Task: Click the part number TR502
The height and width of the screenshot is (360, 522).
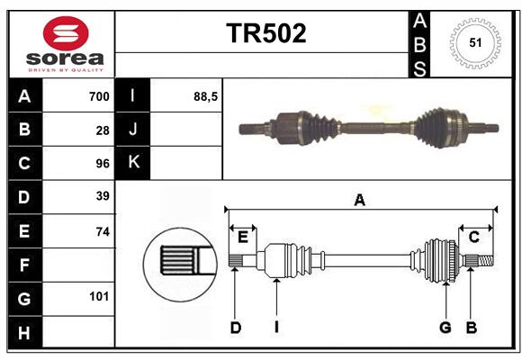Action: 265,33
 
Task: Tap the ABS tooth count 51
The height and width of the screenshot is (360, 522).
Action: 473,43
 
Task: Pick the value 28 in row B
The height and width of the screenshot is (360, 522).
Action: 103,130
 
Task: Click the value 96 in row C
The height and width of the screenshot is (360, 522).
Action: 103,164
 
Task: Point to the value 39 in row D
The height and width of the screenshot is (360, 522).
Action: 103,195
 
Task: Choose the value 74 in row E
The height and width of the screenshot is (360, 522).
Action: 103,231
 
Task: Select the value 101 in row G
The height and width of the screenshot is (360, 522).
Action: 99,295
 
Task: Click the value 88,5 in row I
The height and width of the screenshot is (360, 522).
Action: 206,96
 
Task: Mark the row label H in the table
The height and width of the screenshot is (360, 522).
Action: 24,332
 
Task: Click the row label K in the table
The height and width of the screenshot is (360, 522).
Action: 133,163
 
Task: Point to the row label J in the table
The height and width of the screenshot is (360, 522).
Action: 133,130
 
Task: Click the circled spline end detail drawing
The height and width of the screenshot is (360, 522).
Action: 179,262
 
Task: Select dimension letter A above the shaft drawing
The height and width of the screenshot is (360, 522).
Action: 359,201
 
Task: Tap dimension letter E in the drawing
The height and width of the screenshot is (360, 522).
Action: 242,237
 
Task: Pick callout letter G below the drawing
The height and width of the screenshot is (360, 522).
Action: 445,328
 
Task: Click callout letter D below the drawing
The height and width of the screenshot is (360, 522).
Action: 235,328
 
